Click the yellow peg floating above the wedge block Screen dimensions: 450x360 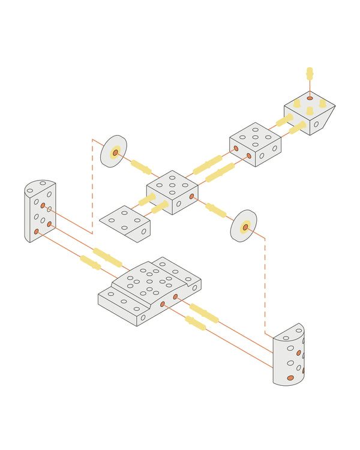pos(310,73)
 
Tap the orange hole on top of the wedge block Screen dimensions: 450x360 pos(310,98)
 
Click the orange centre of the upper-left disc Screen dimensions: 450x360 pos(115,152)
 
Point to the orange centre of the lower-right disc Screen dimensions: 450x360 pos(245,227)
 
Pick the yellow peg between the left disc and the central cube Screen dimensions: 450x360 pos(142,166)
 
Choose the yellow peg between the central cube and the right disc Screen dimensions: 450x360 pos(216,210)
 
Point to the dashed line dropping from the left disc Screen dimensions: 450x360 pos(92,186)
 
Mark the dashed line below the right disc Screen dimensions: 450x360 pos(265,282)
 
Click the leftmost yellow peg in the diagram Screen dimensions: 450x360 pos(90,263)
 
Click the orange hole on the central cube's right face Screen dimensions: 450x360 pos(191,196)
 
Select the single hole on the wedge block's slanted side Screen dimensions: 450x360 pos(316,125)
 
